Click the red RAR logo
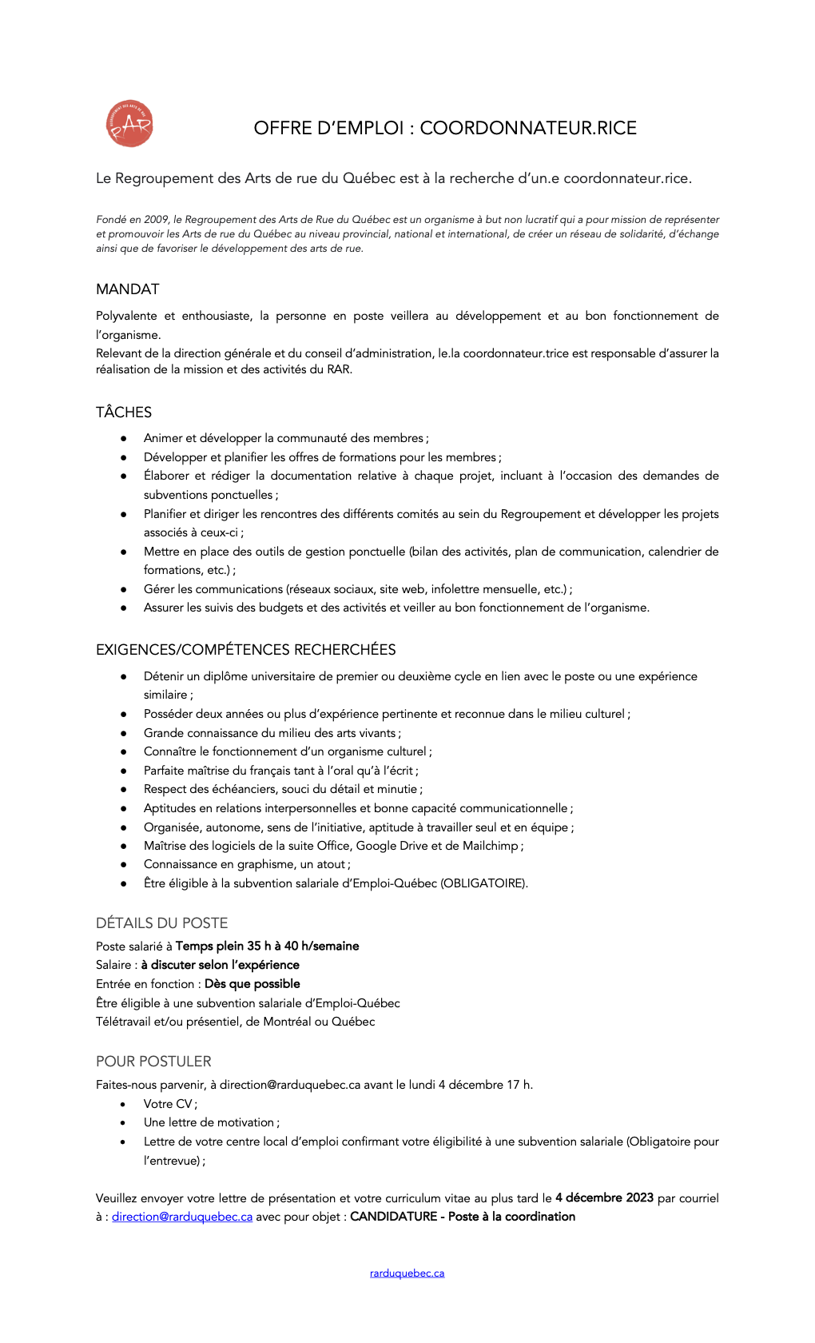pos(129,124)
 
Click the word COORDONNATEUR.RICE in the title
pos(528,128)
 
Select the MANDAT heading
pos(128,289)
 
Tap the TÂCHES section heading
pos(124,412)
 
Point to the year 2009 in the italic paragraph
pos(156,220)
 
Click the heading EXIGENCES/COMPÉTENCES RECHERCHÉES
pos(246,650)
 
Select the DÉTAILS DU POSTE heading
pos(162,923)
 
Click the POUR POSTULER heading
pos(153,1062)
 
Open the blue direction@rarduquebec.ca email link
pos(182,1217)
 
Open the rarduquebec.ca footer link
pos(407,1273)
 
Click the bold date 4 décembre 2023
pos(604,1198)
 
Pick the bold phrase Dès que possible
pos(252,984)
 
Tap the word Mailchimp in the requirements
pos(491,846)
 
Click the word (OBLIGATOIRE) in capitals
pos(484,883)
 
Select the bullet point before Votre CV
pos(123,1104)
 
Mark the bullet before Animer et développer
pos(124,438)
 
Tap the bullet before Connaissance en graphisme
pos(124,864)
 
